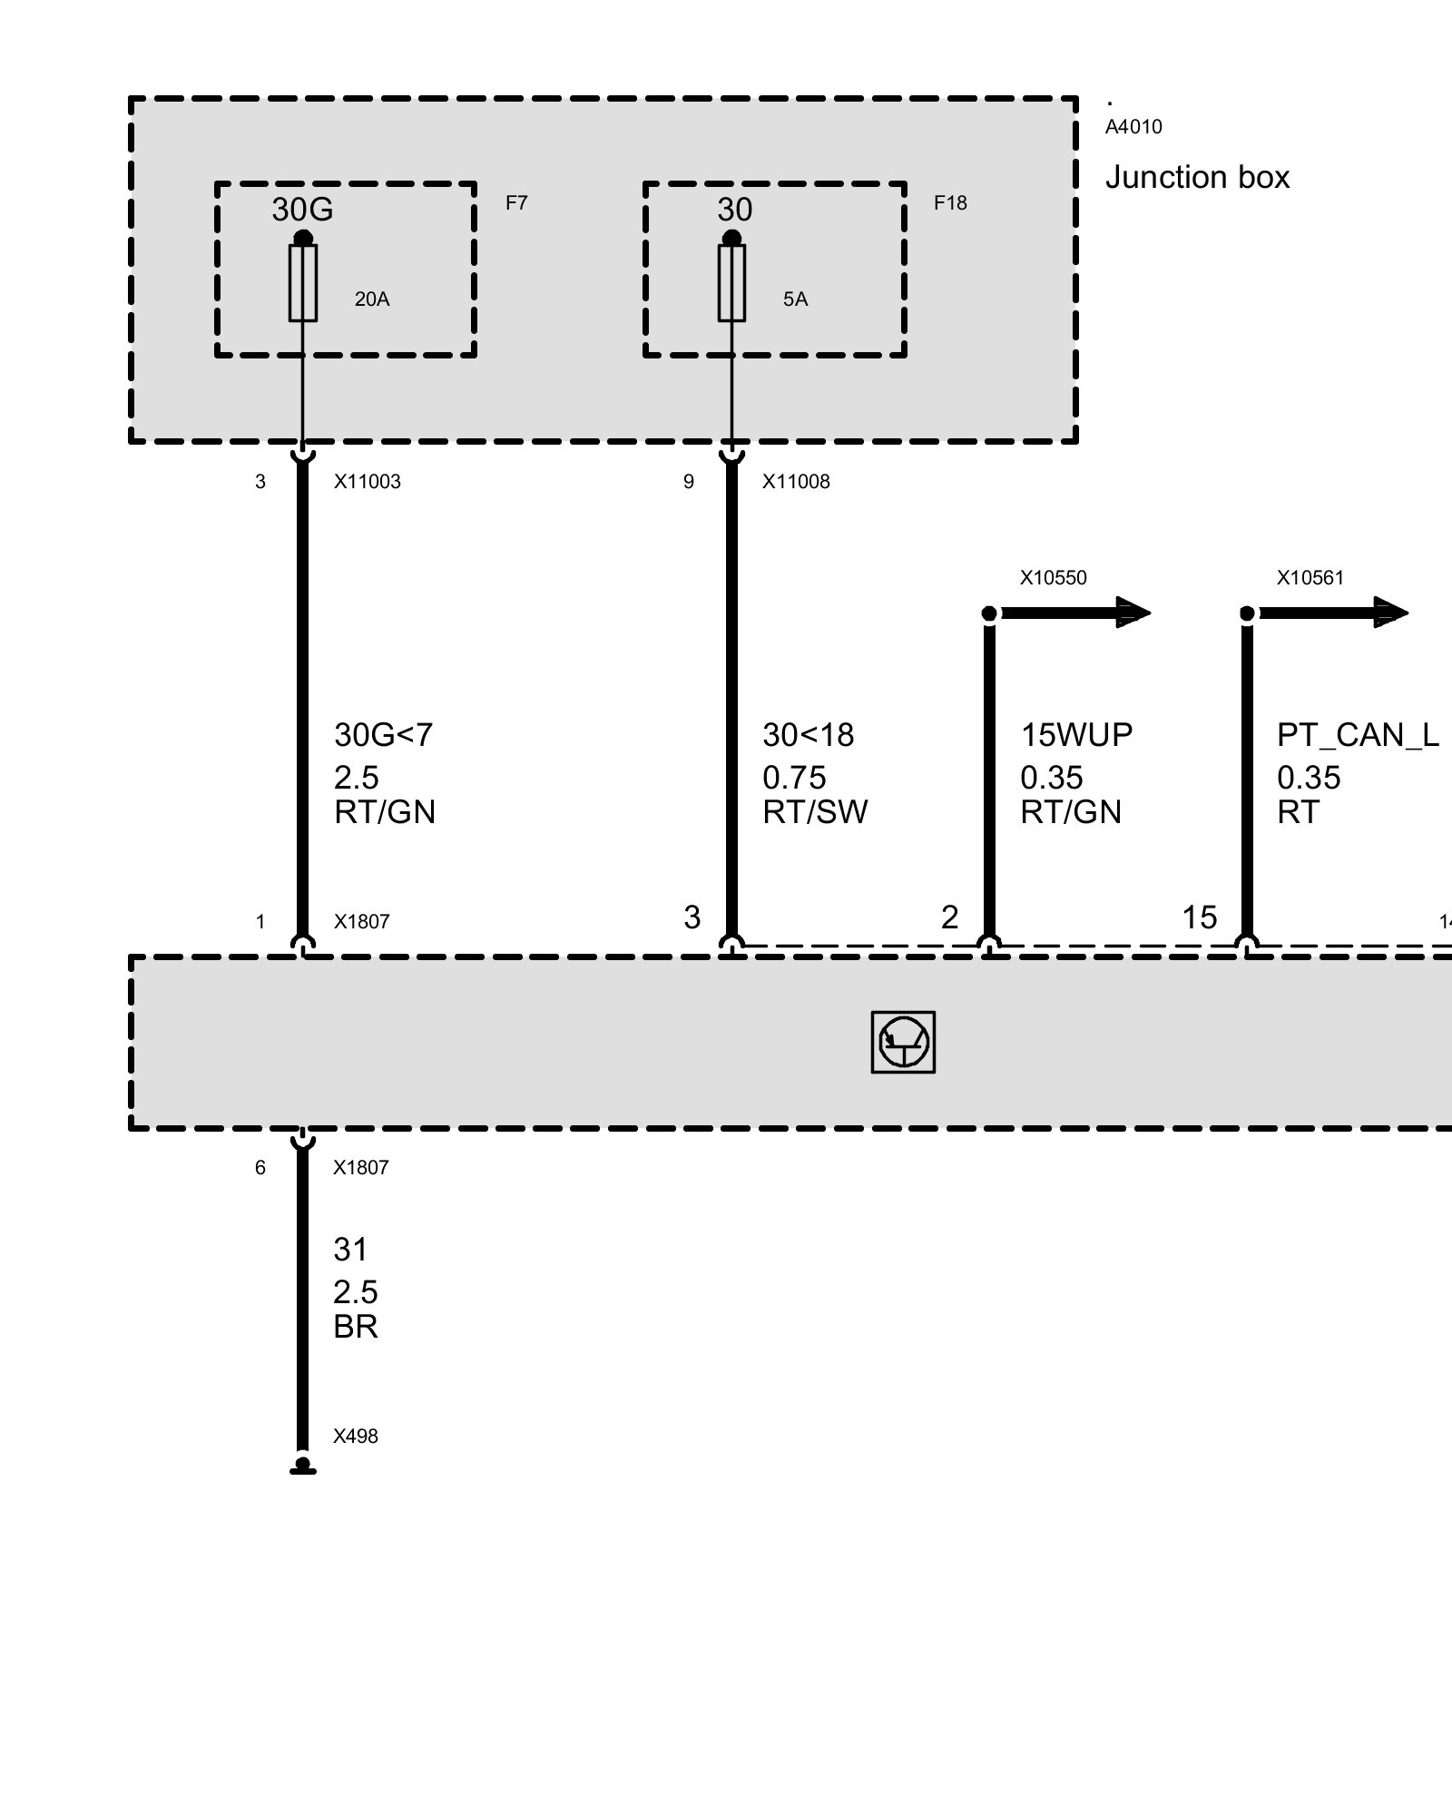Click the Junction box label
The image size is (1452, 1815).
point(1196,177)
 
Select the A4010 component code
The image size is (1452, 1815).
point(1133,127)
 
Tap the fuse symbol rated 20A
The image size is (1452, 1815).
point(303,282)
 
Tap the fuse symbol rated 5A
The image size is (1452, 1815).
point(731,282)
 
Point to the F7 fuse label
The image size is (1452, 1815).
point(516,203)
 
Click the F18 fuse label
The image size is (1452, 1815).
point(950,203)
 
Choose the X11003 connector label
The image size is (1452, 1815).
point(367,482)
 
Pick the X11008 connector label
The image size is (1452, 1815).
point(796,482)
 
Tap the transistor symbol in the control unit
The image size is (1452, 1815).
point(903,1042)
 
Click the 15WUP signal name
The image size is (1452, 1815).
point(1076,734)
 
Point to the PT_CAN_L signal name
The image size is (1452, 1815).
point(1357,734)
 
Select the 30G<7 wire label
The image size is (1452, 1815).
point(383,734)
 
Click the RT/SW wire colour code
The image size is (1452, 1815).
point(815,811)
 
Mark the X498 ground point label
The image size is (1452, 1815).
point(355,1437)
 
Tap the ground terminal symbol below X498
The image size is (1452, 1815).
point(303,1467)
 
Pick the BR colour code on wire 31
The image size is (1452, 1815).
point(355,1327)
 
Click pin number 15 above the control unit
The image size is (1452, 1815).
point(1198,917)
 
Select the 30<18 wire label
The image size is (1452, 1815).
point(808,734)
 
